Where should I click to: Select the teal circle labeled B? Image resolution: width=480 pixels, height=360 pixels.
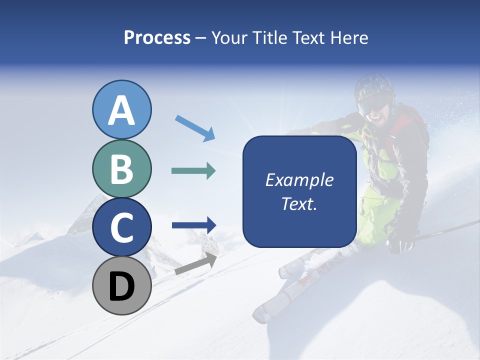point(122,169)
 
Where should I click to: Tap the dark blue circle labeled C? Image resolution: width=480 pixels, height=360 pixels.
point(122,227)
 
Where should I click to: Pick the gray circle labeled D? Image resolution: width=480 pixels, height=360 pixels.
point(122,286)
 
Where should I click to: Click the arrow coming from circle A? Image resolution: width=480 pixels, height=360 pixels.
point(195,127)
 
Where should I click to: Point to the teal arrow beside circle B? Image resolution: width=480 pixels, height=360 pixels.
point(193,171)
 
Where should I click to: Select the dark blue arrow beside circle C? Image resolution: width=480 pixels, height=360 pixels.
point(194,225)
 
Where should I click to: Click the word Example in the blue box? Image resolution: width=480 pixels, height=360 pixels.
point(299,180)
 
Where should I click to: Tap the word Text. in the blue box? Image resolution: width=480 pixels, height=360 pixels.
point(299,204)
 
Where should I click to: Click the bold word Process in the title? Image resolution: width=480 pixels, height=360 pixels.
point(157,37)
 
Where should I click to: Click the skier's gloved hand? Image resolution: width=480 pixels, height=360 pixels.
point(401,243)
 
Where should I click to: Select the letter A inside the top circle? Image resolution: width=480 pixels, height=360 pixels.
point(122,111)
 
